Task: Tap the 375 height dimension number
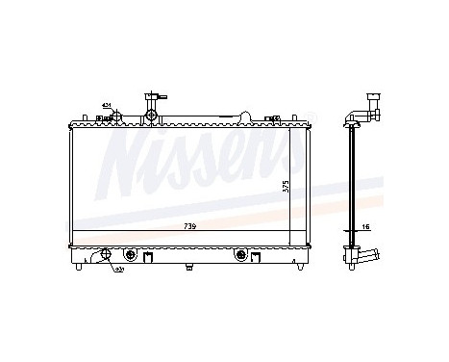[285, 186]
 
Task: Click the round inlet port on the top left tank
[115, 117]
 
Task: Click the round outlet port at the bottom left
[104, 257]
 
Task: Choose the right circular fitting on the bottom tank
[240, 256]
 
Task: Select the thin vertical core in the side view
[354, 183]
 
